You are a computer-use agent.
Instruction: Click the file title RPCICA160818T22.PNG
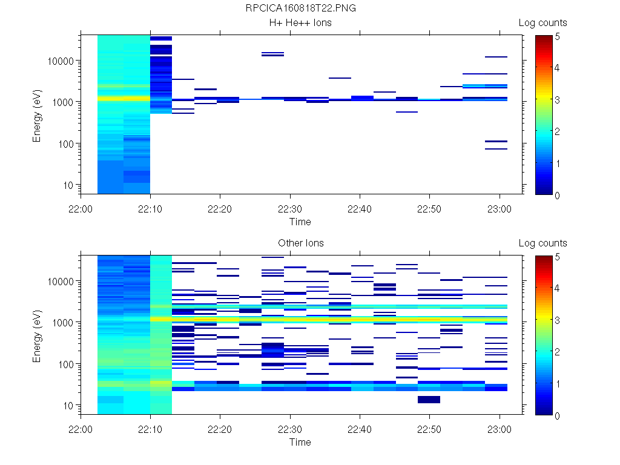point(300,8)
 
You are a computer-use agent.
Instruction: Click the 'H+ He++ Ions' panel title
point(300,23)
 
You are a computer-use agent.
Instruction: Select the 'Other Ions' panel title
point(300,243)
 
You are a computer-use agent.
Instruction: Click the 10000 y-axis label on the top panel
point(61,61)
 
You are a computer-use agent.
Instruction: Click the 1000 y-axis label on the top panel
point(63,102)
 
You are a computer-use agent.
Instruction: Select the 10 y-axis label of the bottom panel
point(68,405)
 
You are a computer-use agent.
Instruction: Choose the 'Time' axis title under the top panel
point(300,222)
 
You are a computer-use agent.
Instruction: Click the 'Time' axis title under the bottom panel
point(300,442)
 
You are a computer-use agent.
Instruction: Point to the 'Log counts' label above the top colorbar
point(542,23)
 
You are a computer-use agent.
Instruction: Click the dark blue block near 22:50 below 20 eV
point(429,400)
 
